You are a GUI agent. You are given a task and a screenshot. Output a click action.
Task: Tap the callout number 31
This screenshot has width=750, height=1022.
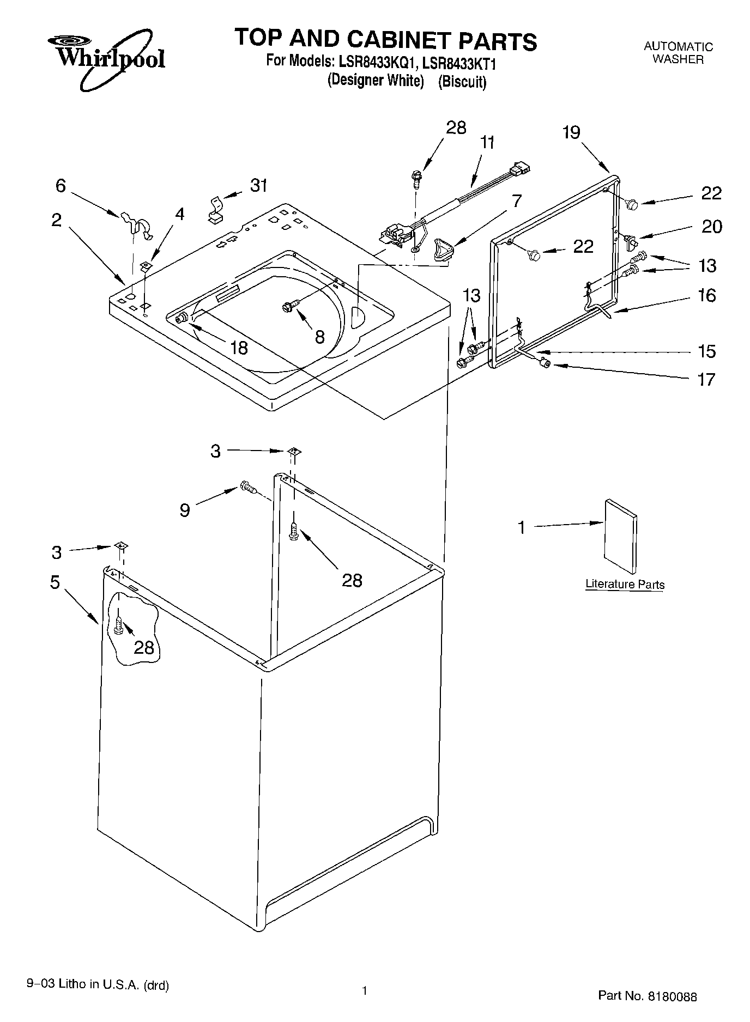pyautogui.click(x=258, y=185)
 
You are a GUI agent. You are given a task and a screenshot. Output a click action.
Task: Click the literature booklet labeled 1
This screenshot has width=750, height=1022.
pyautogui.click(x=620, y=536)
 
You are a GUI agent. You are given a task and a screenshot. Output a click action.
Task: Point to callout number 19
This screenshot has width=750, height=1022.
pyautogui.click(x=571, y=132)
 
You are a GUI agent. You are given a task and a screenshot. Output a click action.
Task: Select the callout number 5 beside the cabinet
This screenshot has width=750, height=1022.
pyautogui.click(x=55, y=582)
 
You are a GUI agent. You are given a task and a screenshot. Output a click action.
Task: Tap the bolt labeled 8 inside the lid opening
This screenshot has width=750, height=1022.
pyautogui.click(x=289, y=306)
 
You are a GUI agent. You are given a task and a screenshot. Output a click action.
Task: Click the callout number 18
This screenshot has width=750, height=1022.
pyautogui.click(x=239, y=347)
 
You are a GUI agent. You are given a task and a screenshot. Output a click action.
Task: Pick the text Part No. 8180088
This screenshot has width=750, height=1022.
pyautogui.click(x=647, y=996)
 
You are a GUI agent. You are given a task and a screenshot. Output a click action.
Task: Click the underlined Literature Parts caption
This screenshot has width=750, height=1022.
pyautogui.click(x=625, y=585)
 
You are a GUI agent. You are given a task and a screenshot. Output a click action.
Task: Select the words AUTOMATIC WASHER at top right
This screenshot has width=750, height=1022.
pyautogui.click(x=678, y=53)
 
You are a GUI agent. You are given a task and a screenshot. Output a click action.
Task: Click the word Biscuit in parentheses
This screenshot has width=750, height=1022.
pyautogui.click(x=462, y=82)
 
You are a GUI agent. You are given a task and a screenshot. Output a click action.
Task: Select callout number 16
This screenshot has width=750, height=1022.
pyautogui.click(x=706, y=295)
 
